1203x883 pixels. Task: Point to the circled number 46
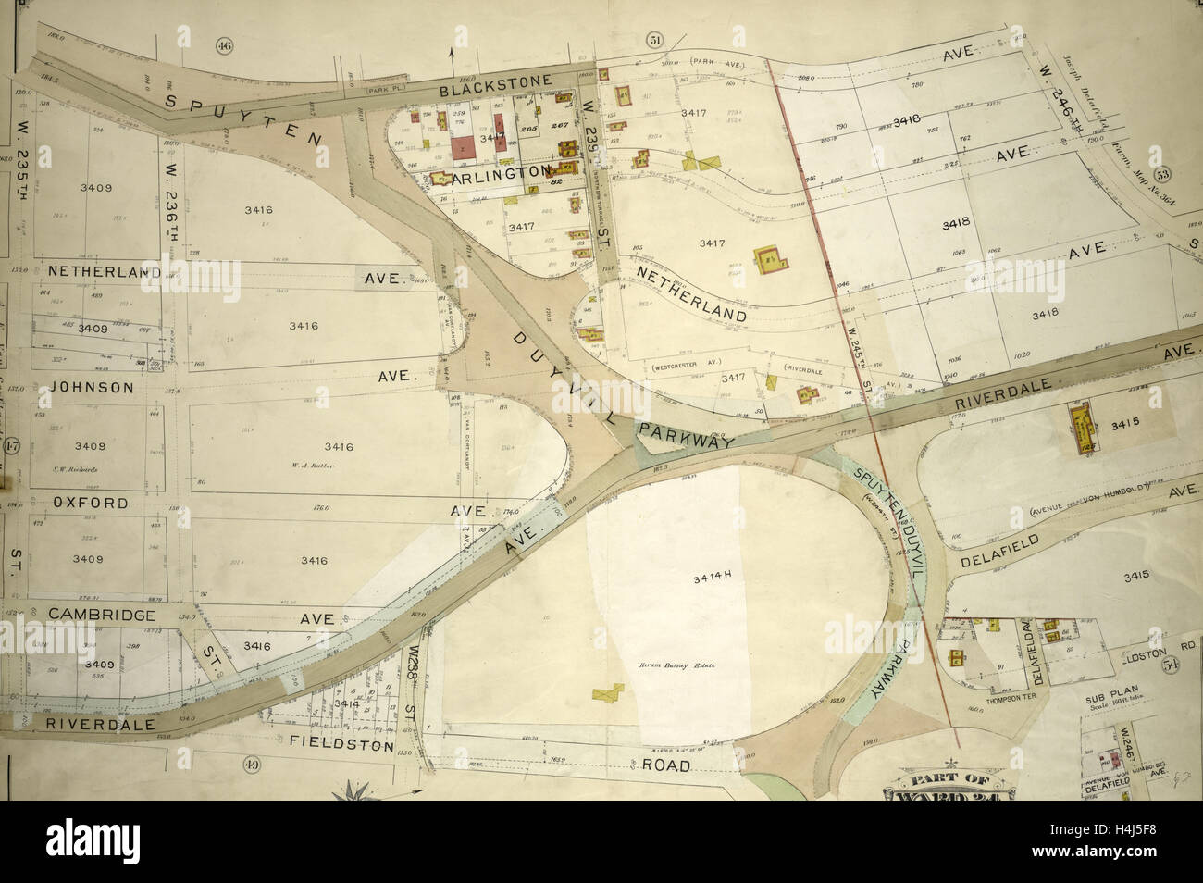click(222, 46)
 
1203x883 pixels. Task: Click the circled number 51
click(656, 40)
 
